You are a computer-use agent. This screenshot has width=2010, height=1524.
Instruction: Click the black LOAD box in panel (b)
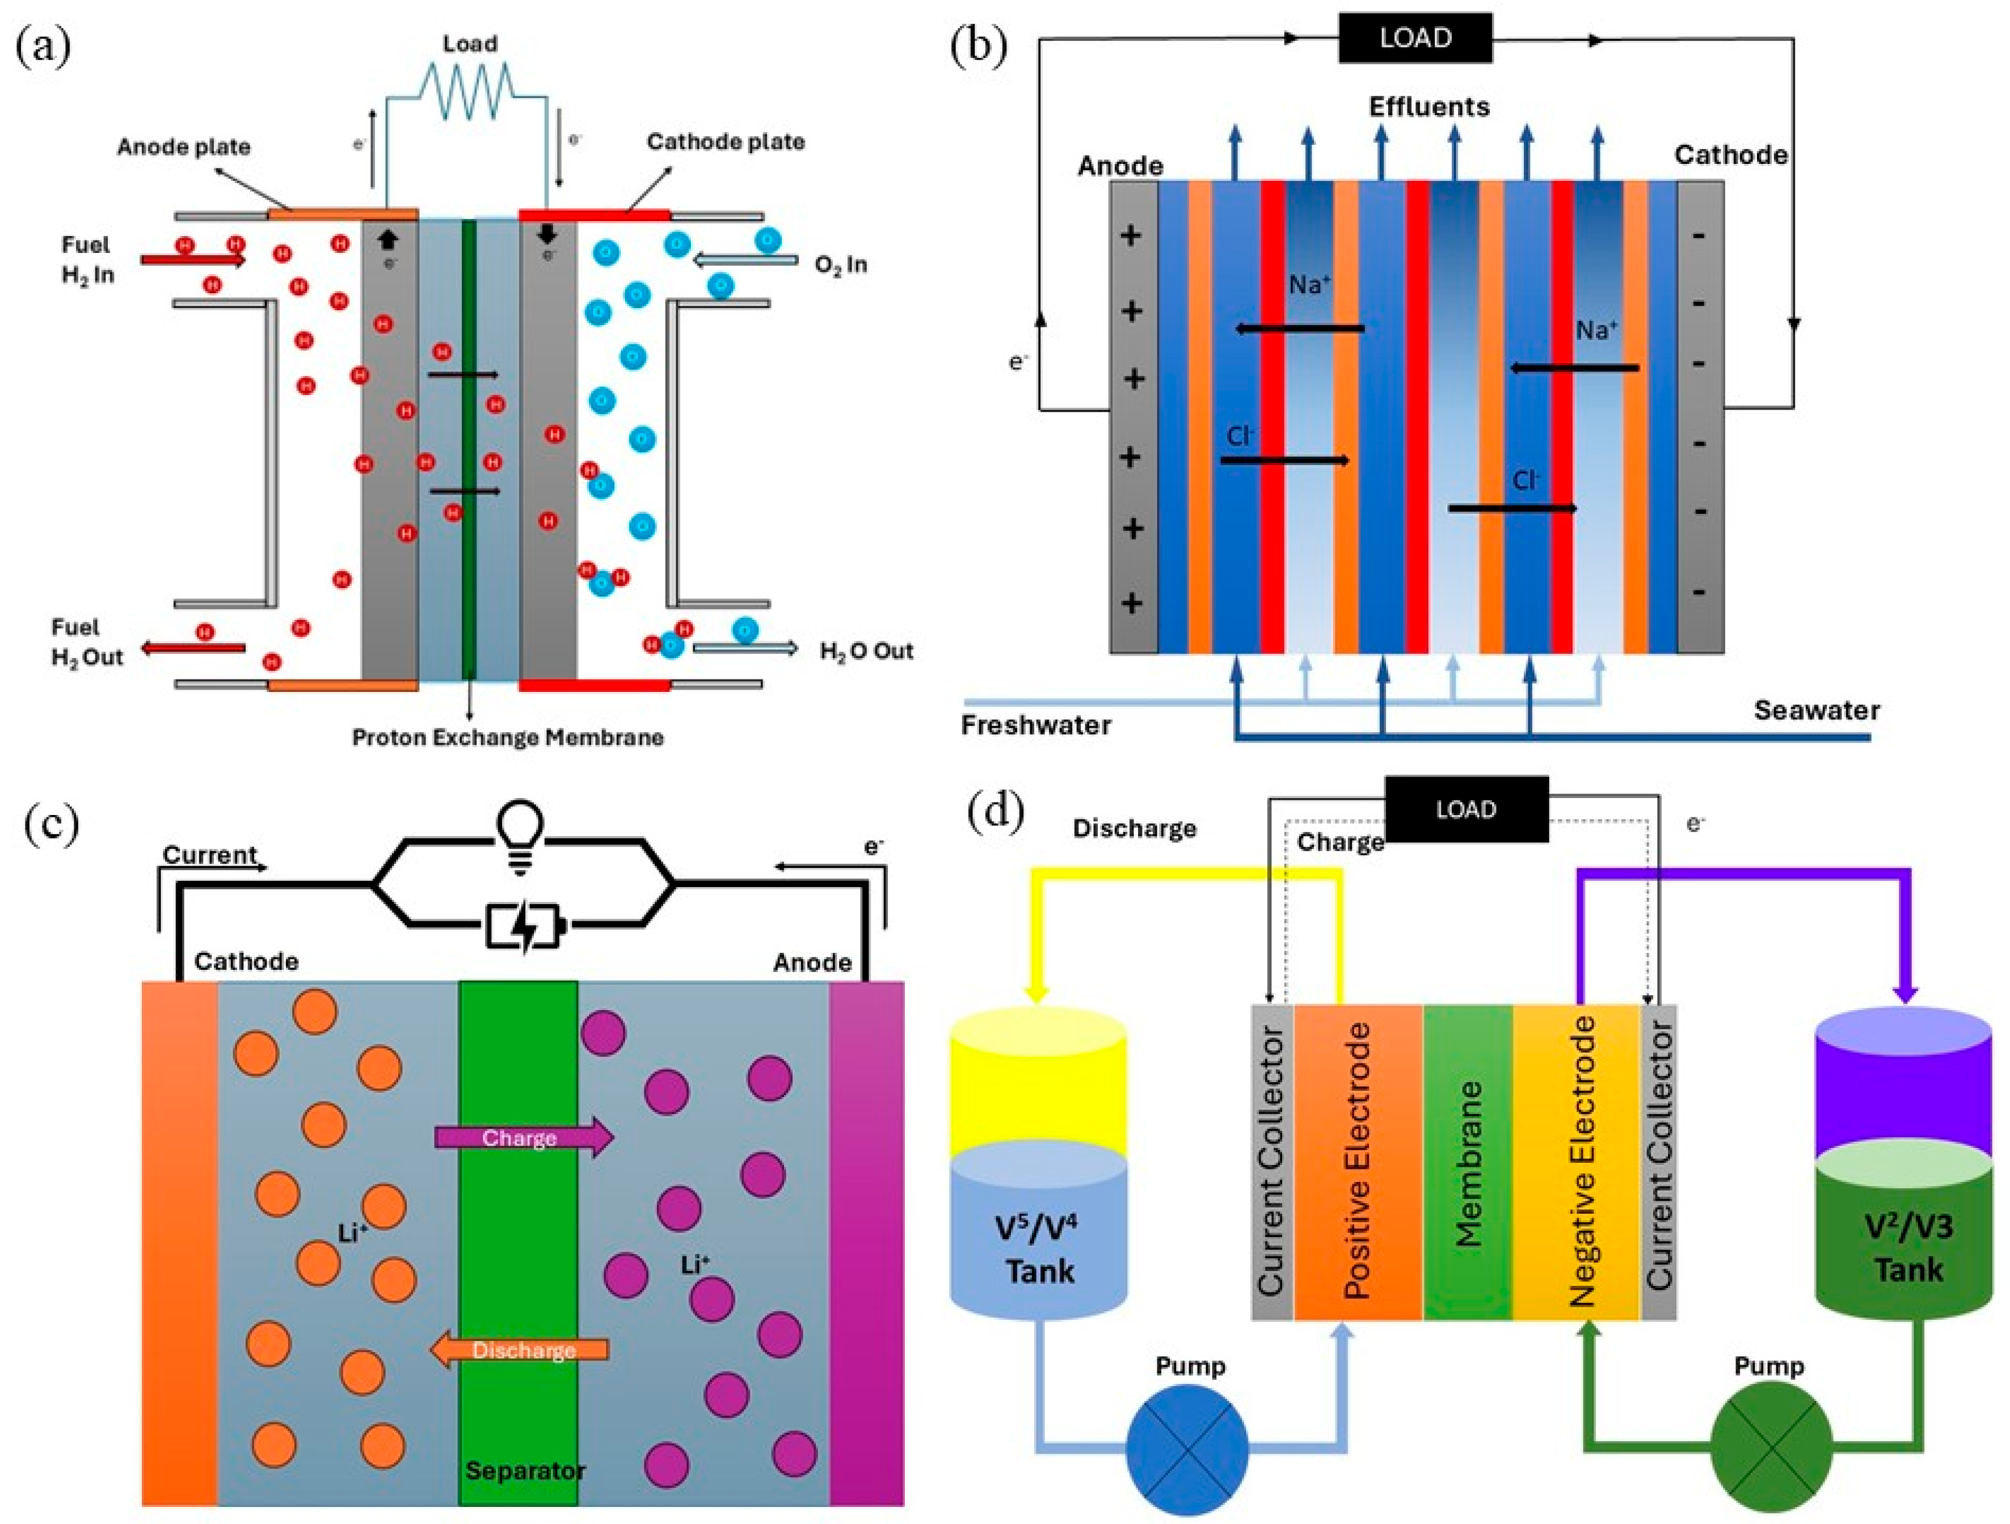point(1415,38)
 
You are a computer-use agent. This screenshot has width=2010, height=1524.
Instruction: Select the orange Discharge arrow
point(520,1350)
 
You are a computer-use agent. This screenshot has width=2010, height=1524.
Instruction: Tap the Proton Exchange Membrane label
point(507,737)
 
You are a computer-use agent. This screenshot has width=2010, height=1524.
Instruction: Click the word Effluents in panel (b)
point(1430,107)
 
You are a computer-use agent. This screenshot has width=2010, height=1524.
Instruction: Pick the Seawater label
point(1815,710)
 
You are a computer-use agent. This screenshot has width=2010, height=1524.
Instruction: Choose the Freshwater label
point(1036,725)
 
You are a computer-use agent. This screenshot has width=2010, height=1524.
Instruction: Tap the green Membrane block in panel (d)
point(1468,1163)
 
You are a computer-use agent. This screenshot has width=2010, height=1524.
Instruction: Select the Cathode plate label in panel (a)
point(725,142)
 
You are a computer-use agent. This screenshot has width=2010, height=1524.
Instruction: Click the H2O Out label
point(866,651)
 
